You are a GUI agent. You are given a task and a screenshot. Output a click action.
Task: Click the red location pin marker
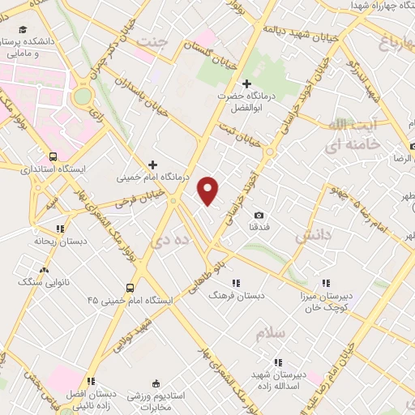click(209, 190)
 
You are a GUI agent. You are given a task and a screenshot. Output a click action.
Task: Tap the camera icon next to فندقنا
click(259, 215)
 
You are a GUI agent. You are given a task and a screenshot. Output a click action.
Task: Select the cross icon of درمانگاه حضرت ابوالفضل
click(247, 83)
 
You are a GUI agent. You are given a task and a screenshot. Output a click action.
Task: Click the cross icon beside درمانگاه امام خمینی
click(153, 164)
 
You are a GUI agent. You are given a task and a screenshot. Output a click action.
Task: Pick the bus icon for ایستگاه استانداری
click(53, 156)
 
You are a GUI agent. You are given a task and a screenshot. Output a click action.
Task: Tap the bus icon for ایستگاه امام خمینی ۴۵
click(130, 288)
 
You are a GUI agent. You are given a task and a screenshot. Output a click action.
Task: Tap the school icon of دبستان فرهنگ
click(237, 283)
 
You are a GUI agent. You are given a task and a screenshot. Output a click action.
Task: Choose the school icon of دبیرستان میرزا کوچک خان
click(326, 283)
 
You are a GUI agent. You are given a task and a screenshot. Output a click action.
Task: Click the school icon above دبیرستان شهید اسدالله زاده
click(277, 362)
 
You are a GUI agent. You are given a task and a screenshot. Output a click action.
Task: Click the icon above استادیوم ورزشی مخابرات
click(156, 381)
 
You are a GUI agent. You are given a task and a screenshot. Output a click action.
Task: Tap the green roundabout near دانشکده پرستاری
click(82, 96)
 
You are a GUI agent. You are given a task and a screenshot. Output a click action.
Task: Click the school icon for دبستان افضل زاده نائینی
click(92, 381)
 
